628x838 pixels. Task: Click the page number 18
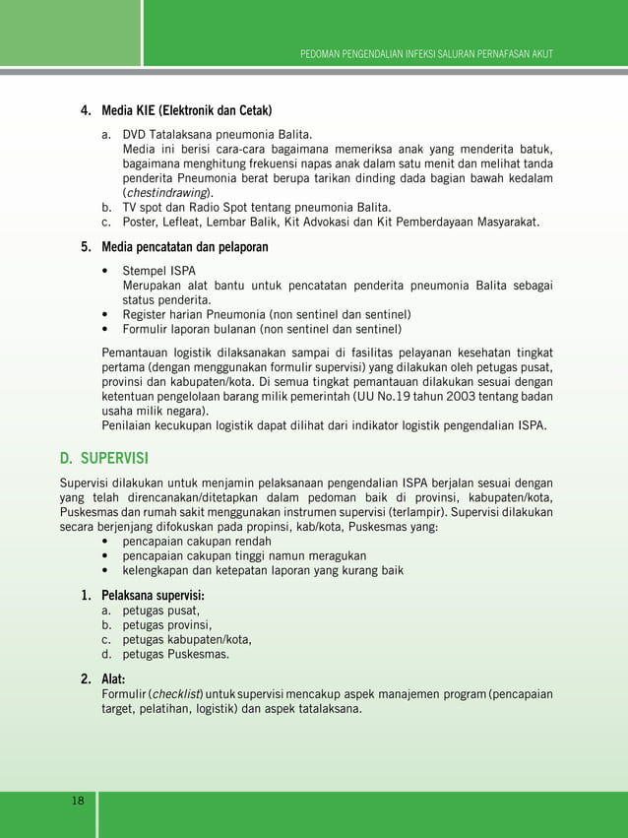pos(78,801)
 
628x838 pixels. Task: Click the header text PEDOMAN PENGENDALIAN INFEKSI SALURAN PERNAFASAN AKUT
pos(426,52)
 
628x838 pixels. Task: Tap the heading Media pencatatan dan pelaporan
pos(185,247)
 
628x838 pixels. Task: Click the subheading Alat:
pos(120,678)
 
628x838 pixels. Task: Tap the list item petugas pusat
pos(160,611)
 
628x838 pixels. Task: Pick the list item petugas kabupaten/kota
pos(187,639)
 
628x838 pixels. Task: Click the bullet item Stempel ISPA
pos(158,270)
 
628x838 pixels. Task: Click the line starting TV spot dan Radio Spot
pos(256,208)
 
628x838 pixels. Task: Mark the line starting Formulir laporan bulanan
pos(261,330)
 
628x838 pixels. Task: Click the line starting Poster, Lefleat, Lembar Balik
pos(330,223)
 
